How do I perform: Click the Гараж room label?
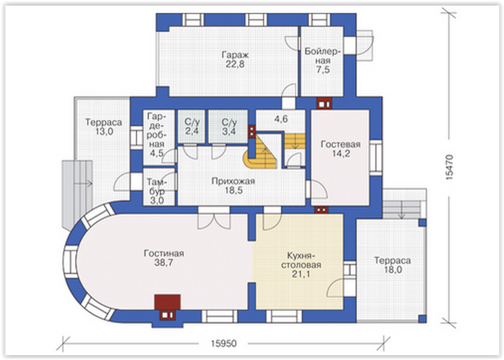tap(235, 55)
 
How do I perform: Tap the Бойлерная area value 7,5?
tap(323, 70)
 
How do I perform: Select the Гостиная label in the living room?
tap(164, 253)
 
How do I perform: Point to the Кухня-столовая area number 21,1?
tap(301, 274)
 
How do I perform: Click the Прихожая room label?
tap(234, 182)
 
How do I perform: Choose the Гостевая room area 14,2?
tap(340, 154)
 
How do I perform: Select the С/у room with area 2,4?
tap(192, 127)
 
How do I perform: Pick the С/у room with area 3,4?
tap(229, 127)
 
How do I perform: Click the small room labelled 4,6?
tap(281, 119)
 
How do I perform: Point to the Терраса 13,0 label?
tap(103, 127)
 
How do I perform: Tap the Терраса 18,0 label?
tap(392, 265)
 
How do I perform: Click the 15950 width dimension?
tap(224, 344)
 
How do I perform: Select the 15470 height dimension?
tap(450, 167)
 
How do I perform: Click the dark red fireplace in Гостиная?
tap(167, 302)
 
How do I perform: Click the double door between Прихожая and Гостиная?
tap(214, 218)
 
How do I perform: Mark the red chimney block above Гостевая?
tap(324, 103)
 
